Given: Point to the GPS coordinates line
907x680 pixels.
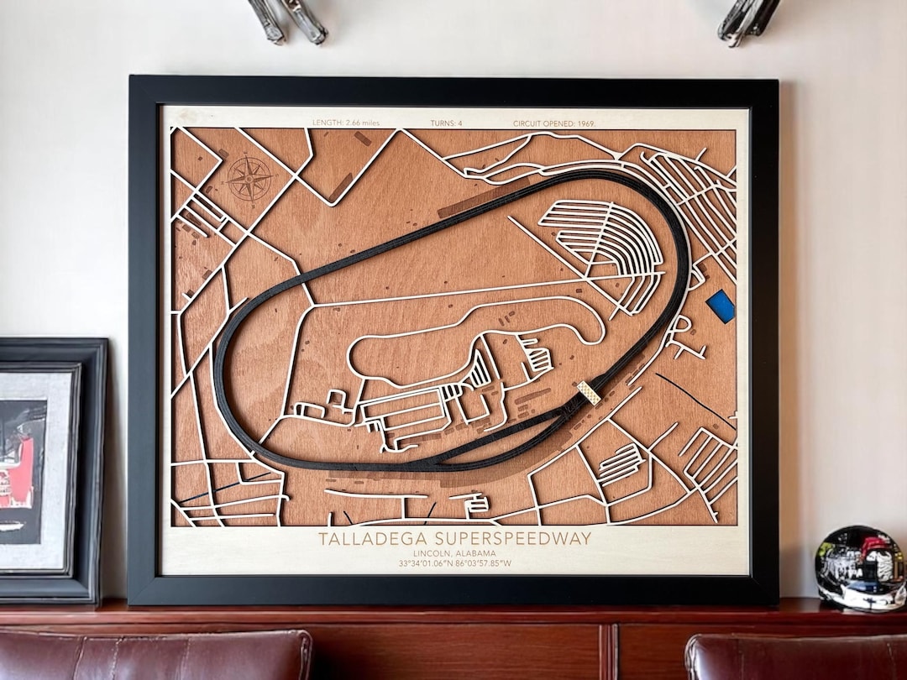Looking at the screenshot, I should [x=454, y=563].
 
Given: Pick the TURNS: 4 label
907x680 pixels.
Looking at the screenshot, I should [x=445, y=123].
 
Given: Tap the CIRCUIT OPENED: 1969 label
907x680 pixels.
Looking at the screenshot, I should [x=554, y=123].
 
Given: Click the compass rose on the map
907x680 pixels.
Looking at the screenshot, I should [x=249, y=178].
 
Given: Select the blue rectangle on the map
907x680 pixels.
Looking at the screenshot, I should [x=721, y=306].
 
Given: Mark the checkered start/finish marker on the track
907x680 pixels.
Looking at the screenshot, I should [x=589, y=392].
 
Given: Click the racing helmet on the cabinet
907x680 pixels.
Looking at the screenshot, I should [x=860, y=568].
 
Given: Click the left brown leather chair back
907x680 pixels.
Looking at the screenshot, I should [x=155, y=655].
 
